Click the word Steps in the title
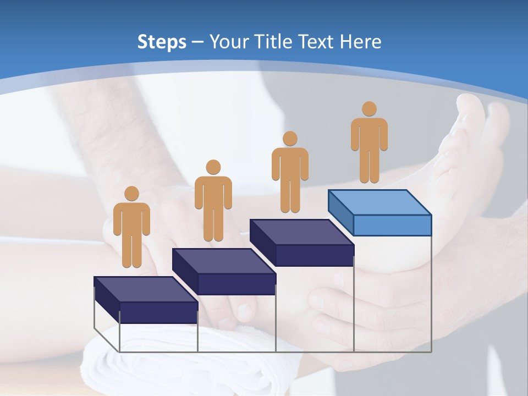pyautogui.click(x=162, y=42)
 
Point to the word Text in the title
pyautogui.click(x=319, y=42)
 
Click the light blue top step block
pyautogui.click(x=380, y=212)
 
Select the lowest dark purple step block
pyautogui.click(x=146, y=300)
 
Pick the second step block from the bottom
pyautogui.click(x=224, y=271)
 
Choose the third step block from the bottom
pyautogui.click(x=302, y=242)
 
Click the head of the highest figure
pyautogui.click(x=369, y=109)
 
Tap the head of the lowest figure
pyautogui.click(x=131, y=194)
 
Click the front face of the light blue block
pyautogui.click(x=392, y=225)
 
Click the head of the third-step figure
pyautogui.click(x=290, y=139)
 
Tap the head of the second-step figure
pyautogui.click(x=213, y=167)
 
